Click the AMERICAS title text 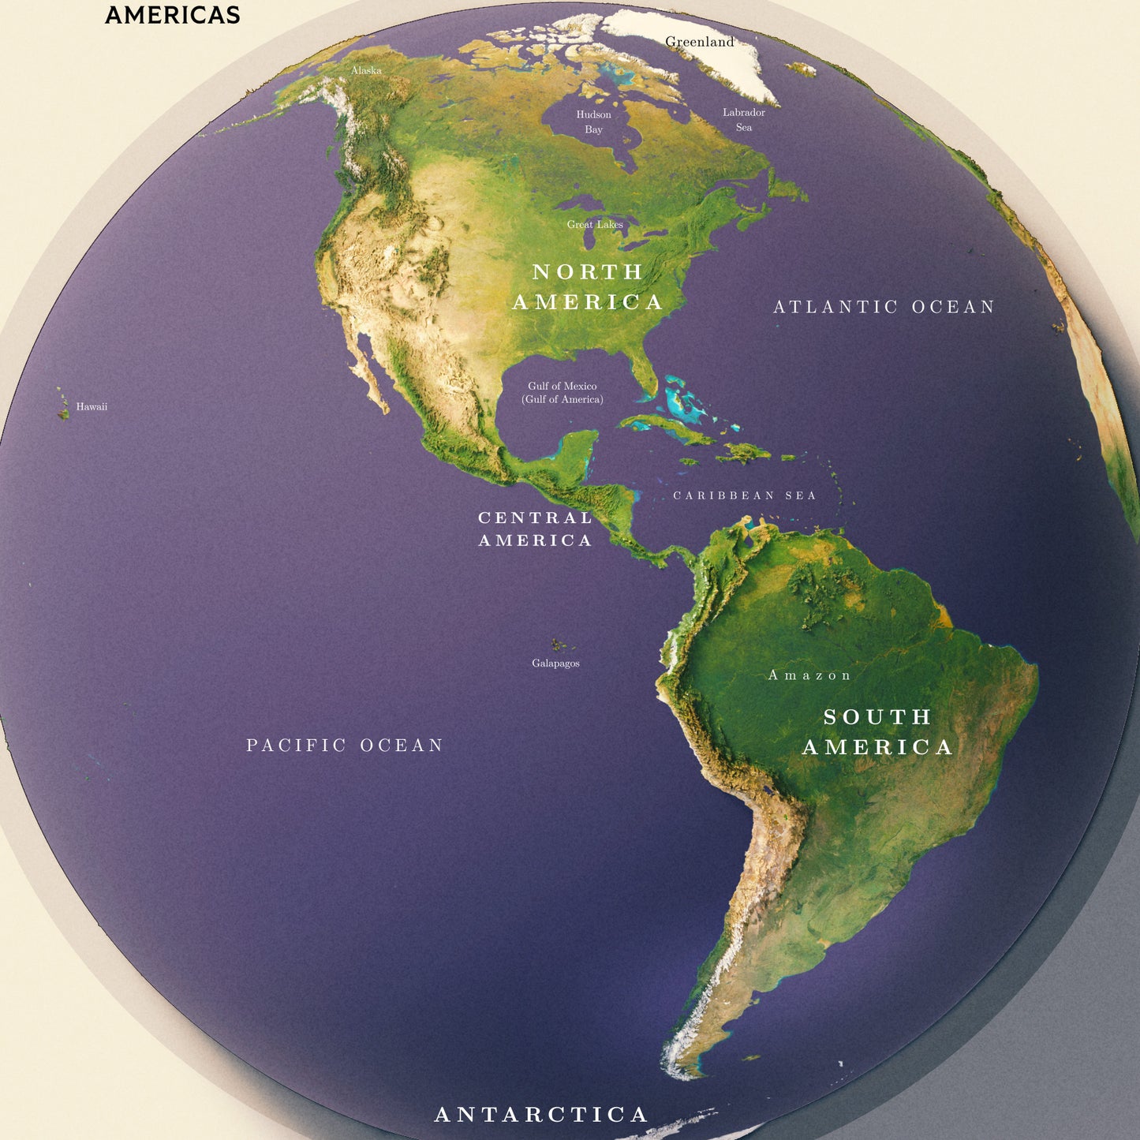tap(172, 15)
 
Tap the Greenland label tap(699, 42)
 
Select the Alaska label tap(366, 70)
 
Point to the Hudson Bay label tap(593, 122)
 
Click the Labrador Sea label tap(744, 120)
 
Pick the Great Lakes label tap(595, 225)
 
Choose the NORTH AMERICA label tap(588, 287)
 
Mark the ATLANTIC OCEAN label tap(884, 307)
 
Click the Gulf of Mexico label tap(563, 393)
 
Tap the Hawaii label tap(92, 407)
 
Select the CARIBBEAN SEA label tap(744, 495)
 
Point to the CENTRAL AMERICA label tap(535, 529)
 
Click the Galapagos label tap(555, 663)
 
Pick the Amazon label tap(809, 675)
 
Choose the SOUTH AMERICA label tap(877, 732)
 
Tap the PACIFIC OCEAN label tap(345, 746)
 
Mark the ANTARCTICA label tap(541, 1114)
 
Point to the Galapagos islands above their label tap(559, 645)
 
